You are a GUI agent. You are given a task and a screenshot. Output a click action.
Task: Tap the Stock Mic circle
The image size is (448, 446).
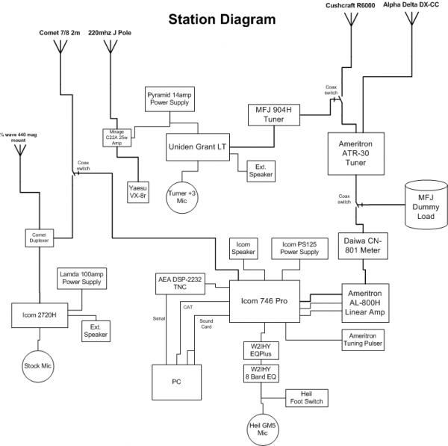click(38, 366)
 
